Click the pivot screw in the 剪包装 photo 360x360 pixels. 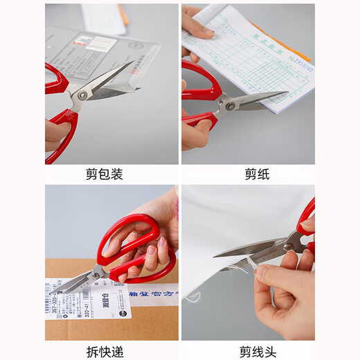82,95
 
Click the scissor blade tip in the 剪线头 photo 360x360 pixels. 215,255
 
